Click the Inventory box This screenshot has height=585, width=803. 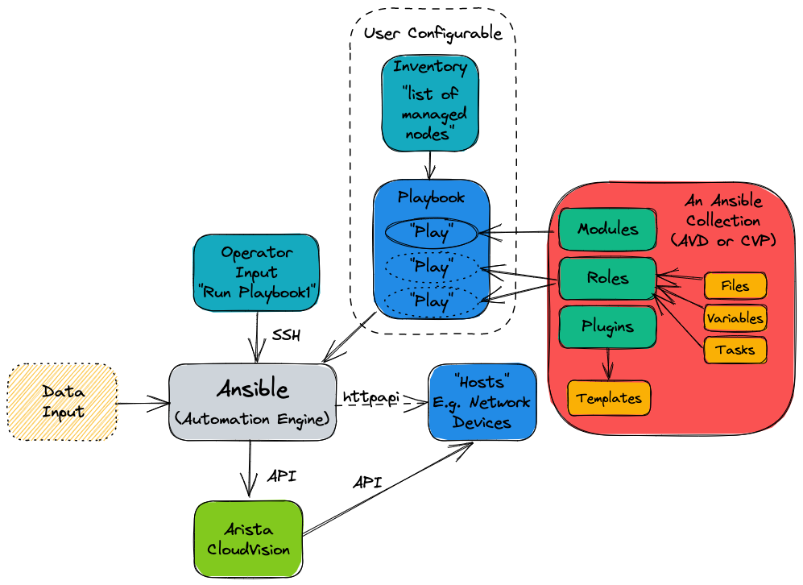430,103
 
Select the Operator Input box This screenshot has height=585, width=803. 256,273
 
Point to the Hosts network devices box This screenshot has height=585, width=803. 481,402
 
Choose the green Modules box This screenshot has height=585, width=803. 606,230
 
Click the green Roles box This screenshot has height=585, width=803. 606,279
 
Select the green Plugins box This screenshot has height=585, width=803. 606,326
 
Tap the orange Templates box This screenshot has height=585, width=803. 609,398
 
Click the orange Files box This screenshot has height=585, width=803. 735,286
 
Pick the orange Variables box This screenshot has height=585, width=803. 735,317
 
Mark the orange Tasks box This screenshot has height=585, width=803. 735,350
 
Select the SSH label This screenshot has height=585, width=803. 286,335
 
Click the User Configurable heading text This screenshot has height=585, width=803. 433,34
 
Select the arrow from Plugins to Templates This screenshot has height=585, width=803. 607,363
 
